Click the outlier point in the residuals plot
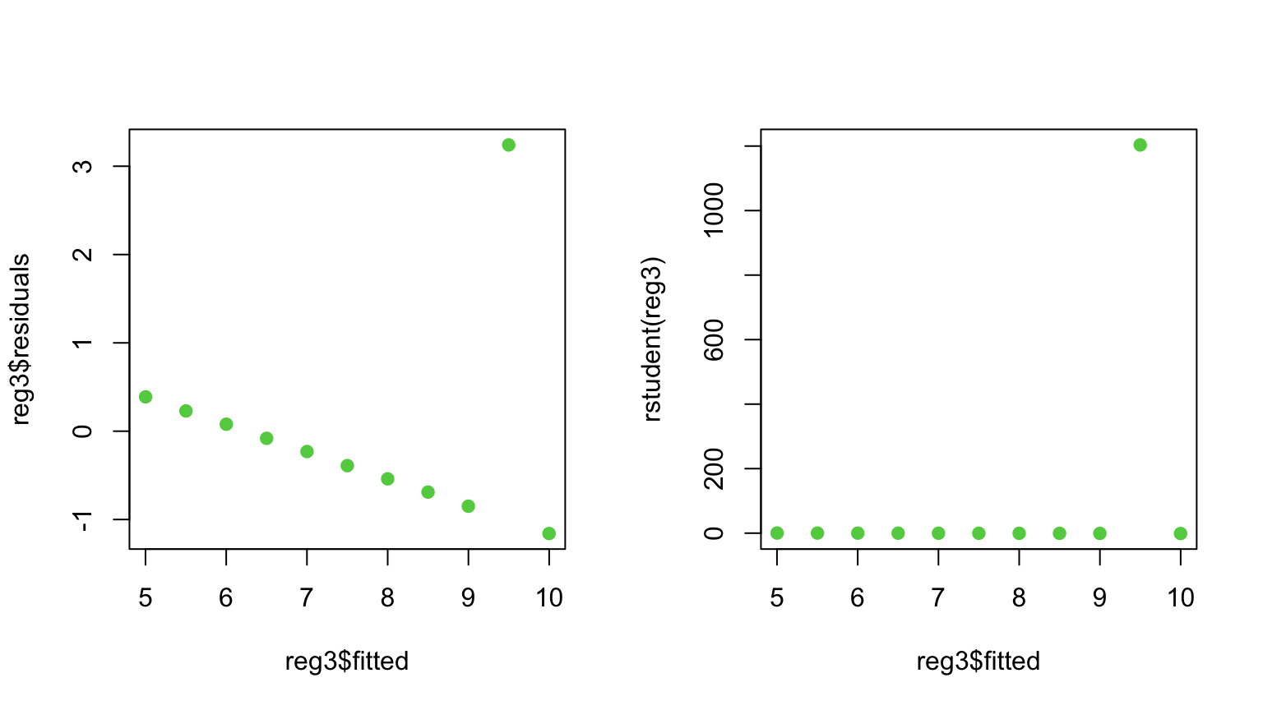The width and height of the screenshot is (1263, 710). click(508, 145)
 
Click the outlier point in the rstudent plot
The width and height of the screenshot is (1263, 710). click(1140, 145)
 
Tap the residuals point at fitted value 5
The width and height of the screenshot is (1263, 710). click(146, 397)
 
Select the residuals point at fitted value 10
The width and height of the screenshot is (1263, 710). click(548, 533)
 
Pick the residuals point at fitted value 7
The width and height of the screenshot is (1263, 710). click(307, 451)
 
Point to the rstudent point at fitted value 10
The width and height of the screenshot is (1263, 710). click(1180, 533)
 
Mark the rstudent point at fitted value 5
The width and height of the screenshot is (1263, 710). click(777, 533)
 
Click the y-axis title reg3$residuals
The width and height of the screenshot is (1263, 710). click(21, 339)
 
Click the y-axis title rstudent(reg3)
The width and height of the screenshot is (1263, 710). click(653, 339)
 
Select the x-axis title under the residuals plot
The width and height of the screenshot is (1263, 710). click(347, 661)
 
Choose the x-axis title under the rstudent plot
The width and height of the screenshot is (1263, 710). click(978, 661)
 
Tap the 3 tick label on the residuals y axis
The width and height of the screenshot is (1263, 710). click(82, 166)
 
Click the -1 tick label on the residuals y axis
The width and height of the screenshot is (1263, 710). click(82, 519)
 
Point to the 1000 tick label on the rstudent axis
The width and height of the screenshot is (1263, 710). click(714, 210)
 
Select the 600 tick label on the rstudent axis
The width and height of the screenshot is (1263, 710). click(714, 339)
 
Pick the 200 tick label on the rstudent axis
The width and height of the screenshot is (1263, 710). click(714, 468)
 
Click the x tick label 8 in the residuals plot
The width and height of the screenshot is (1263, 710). click(387, 597)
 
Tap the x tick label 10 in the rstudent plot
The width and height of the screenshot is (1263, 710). click(1180, 597)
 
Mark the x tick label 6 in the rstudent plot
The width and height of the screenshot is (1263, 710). click(858, 597)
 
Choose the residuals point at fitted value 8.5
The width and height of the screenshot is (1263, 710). click(428, 492)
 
